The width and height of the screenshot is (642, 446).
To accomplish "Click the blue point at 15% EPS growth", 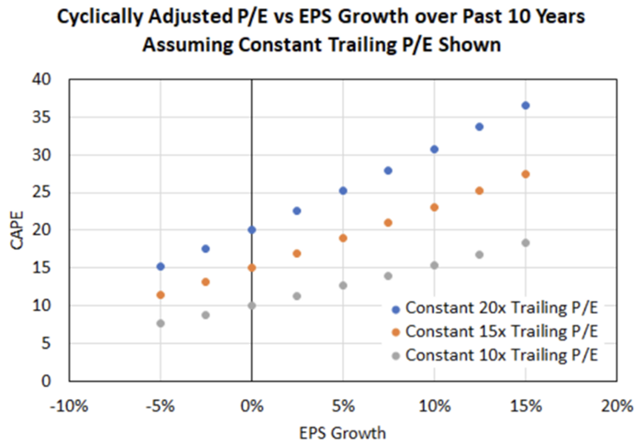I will coord(526,106).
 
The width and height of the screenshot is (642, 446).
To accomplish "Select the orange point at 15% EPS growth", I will coord(526,174).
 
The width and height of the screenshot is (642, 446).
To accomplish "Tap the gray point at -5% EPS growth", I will coord(160,323).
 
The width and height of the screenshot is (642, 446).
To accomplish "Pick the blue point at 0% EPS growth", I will coord(251,230).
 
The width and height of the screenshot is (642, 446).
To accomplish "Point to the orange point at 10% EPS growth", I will coord(434,207).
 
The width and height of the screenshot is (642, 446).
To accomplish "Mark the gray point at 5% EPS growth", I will coord(343,285).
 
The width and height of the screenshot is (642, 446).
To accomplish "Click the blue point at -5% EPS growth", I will coord(160,266).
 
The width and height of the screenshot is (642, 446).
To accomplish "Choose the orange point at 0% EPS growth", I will coord(251,268).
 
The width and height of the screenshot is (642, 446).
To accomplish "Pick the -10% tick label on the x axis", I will coord(69,404).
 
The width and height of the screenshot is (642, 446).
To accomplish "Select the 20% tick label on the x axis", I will coord(616,404).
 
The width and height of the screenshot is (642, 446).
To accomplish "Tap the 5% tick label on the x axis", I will coord(343,404).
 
